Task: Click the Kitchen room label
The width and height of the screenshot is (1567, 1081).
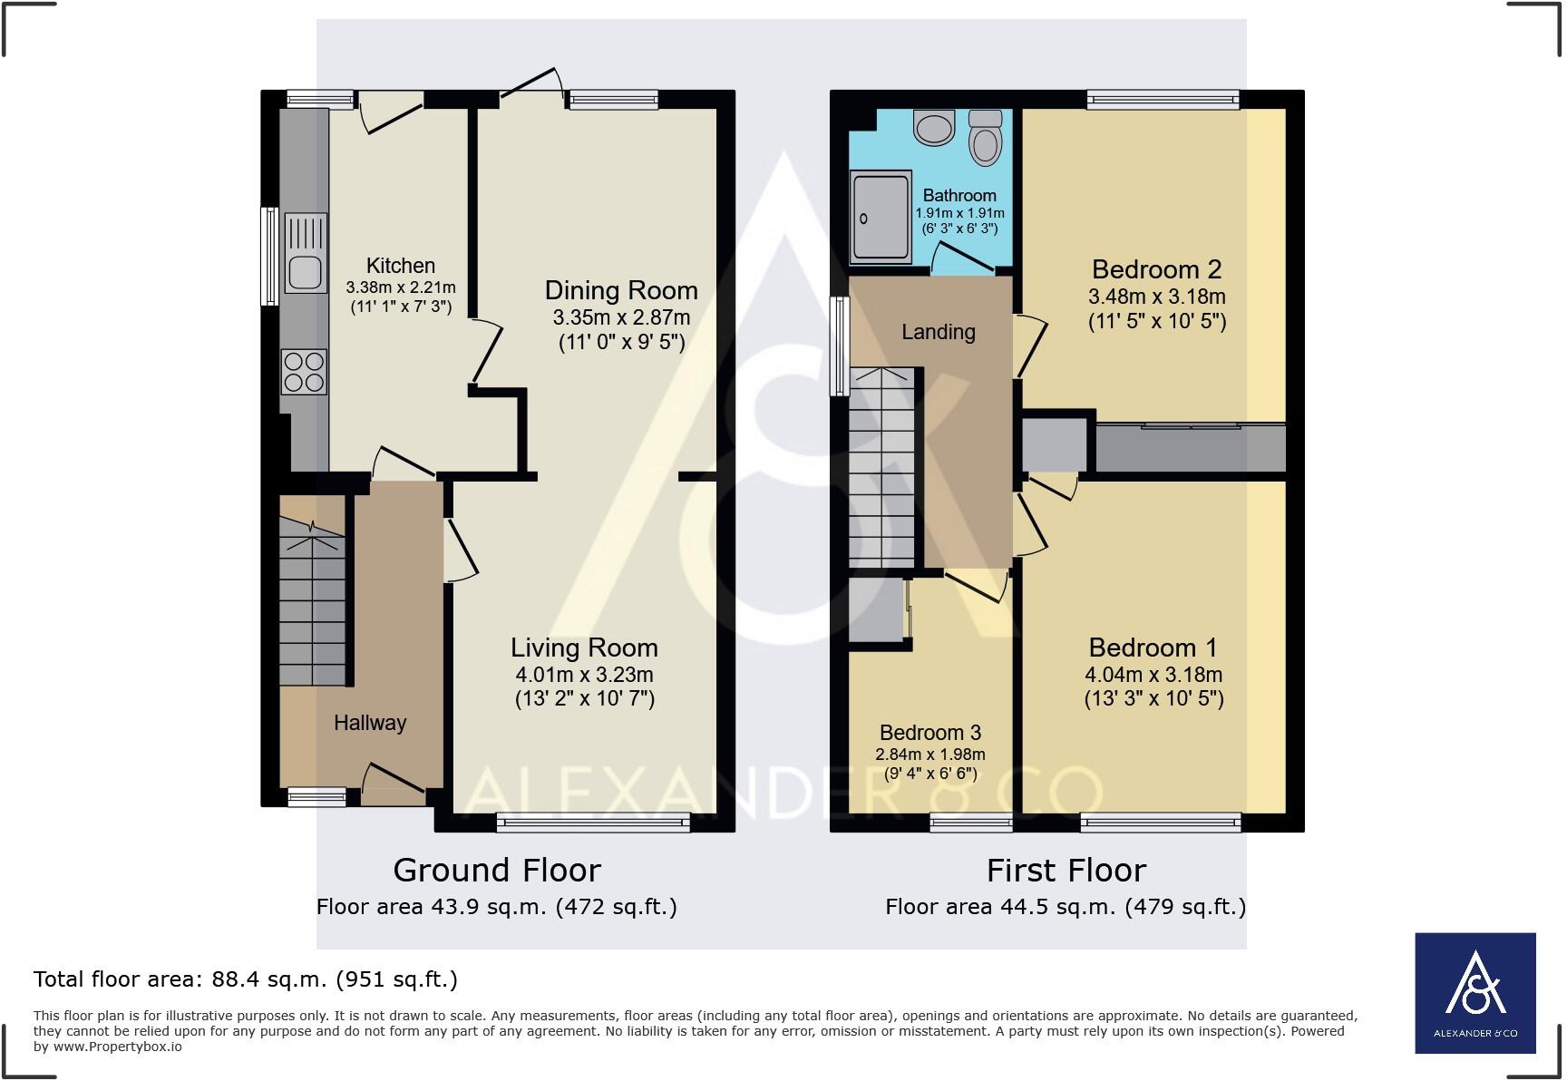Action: coord(401,266)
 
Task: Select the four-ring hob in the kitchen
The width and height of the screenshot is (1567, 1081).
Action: coord(305,372)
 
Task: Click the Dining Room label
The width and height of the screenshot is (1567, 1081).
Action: coord(621,290)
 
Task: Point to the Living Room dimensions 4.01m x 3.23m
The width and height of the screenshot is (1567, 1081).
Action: coord(584,675)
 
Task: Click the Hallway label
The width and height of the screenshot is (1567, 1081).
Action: coord(370,723)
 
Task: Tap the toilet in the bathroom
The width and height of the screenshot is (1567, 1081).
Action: coord(984,136)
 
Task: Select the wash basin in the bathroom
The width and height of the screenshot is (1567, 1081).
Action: coord(935,128)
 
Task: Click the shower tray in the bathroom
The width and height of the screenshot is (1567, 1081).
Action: coord(881,218)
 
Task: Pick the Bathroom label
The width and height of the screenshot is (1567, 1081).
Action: coord(959,195)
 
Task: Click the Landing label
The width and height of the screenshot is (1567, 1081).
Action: coord(939,332)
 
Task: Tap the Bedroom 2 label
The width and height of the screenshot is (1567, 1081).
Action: coord(1157,269)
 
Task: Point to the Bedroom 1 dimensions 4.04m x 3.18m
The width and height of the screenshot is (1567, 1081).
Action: coord(1153,675)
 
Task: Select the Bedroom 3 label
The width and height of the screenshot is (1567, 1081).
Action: coord(930,733)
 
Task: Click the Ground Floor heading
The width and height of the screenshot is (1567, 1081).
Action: coord(497,871)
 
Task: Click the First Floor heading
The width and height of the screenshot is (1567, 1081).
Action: coord(1066,871)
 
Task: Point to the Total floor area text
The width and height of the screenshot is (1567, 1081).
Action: coord(246,979)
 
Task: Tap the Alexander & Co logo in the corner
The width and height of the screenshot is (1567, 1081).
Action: coord(1475,993)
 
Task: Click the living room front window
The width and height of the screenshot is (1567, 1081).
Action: coord(593,823)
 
